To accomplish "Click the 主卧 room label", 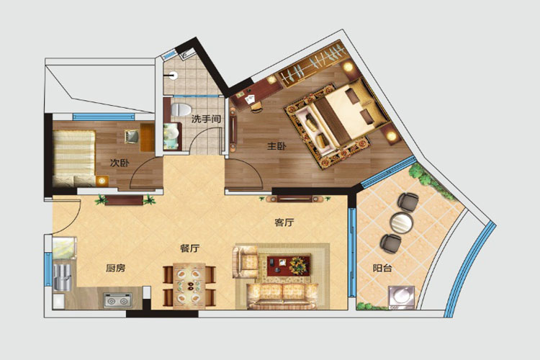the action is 276,146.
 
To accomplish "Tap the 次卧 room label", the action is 120,163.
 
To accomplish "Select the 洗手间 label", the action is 206,120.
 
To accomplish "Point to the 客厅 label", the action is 284,222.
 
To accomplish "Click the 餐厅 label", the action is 190,248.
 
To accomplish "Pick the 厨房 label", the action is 115,268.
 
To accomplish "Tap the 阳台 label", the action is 382,268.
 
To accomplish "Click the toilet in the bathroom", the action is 181,109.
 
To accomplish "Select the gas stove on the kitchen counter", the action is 118,300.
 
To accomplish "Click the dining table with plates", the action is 189,286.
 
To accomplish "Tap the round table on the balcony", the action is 401,223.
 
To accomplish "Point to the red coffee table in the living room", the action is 289,265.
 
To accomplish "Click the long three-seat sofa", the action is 282,296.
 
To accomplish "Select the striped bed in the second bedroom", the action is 74,158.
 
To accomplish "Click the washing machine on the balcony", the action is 402,297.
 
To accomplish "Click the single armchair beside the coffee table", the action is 246,261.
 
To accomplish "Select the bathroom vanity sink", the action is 172,136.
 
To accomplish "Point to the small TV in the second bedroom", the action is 132,136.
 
